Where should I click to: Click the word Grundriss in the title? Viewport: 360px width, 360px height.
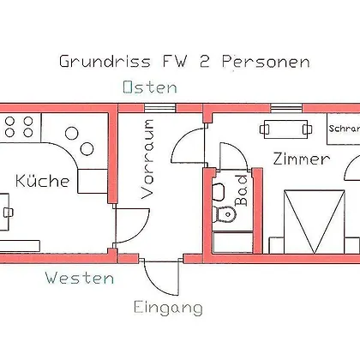tap(105, 61)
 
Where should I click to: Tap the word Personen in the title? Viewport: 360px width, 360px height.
tap(266, 61)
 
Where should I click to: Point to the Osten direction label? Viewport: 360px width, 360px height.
tap(150, 87)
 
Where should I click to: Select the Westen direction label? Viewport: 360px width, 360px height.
tap(80, 278)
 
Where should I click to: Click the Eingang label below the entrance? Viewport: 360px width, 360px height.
tap(168, 308)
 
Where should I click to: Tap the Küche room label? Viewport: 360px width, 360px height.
tap(43, 181)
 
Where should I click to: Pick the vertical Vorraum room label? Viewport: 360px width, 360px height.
tap(147, 159)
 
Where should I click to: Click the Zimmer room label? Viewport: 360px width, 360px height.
tap(302, 159)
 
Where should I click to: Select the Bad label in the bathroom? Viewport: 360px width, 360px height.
tap(241, 190)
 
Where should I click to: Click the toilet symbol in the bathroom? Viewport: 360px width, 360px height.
tap(225, 213)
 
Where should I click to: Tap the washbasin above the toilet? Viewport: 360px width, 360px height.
tap(219, 191)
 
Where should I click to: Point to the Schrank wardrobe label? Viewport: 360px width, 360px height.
tap(344, 129)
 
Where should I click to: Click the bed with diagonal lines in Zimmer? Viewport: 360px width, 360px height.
tap(315, 222)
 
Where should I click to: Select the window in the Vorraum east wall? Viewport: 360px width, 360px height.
tap(159, 108)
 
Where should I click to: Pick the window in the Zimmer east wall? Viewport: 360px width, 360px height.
tap(286, 108)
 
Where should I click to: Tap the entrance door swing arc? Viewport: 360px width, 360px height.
tap(158, 281)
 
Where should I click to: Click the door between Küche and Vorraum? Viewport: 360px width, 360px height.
tap(132, 225)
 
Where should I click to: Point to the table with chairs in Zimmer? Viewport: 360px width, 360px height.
tap(285, 129)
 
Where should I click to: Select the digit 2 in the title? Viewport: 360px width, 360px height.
tap(204, 61)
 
